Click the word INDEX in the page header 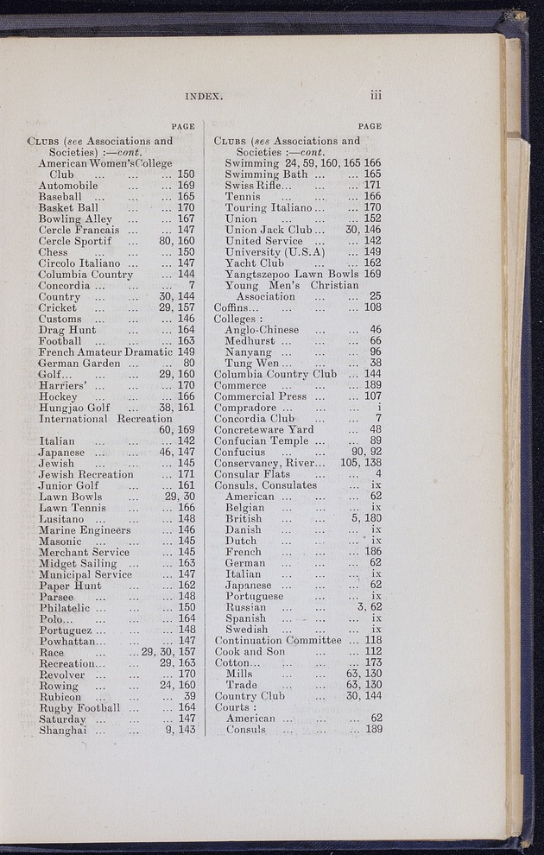point(204,96)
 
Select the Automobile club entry point(68,185)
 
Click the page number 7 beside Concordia point(191,285)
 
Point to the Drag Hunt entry point(67,329)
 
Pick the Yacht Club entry point(254,263)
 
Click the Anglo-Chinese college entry point(262,330)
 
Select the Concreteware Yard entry point(264,429)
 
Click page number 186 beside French point(371,551)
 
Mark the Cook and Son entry point(250,652)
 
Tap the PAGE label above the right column point(370,126)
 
